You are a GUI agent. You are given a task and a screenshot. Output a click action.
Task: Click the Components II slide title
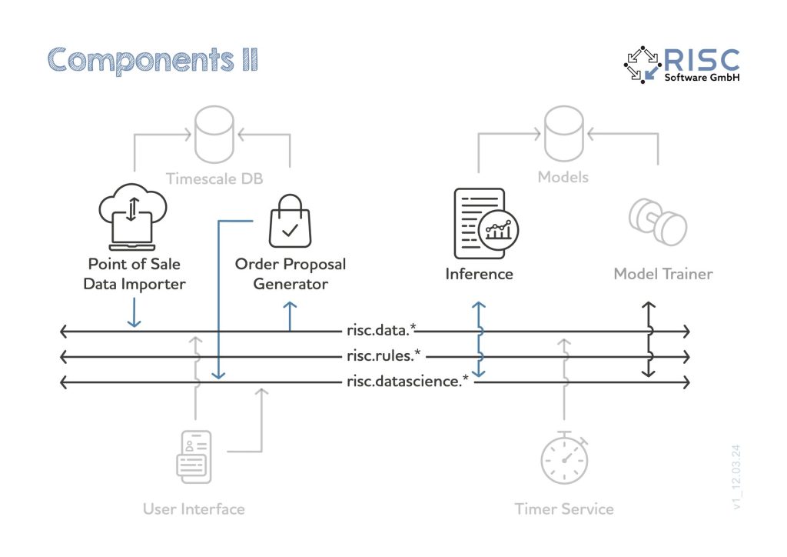tap(153, 59)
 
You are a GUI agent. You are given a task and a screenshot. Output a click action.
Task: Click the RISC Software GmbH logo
tap(682, 65)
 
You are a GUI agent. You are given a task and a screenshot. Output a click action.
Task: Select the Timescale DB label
tap(214, 178)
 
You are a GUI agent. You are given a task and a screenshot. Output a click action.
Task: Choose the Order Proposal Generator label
tap(291, 274)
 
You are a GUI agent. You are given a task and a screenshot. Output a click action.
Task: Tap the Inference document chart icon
tap(485, 224)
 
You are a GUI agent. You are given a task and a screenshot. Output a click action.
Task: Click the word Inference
tap(479, 274)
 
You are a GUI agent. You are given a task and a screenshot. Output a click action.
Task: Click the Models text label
tap(563, 178)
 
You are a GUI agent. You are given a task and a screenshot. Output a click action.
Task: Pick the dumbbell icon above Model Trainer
tap(658, 222)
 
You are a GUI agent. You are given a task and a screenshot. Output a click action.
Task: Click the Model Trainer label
tap(662, 274)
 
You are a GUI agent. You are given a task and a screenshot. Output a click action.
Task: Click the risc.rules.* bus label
tap(384, 356)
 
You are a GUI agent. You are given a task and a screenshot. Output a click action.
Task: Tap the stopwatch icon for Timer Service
tap(565, 461)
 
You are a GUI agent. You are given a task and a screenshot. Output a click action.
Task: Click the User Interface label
tap(194, 509)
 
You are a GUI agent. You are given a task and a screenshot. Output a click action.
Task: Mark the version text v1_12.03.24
tap(739, 476)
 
